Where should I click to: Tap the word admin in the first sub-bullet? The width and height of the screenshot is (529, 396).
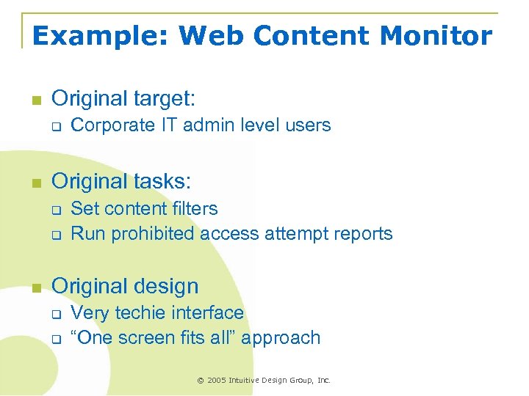click(x=207, y=125)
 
